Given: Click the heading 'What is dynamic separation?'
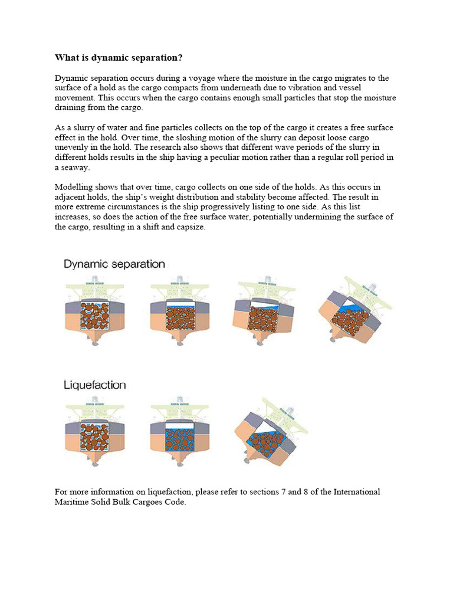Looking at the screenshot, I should pos(119,57).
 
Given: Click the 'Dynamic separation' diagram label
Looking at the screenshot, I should pos(114,264).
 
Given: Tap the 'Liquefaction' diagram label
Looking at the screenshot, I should pos(94,385).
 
